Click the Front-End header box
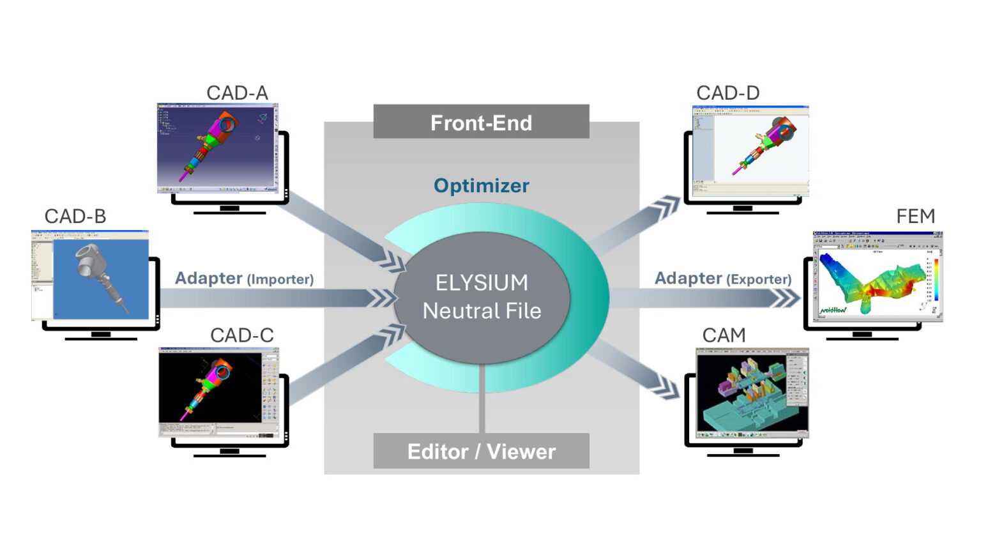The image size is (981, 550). [x=481, y=122]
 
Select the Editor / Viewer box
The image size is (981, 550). [x=481, y=451]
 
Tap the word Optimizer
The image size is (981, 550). [x=481, y=186]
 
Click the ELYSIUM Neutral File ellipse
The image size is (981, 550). [x=482, y=297]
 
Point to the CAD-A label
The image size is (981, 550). [x=237, y=93]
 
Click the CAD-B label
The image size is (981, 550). [x=75, y=217]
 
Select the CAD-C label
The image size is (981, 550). [x=241, y=335]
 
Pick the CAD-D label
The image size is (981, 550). [x=727, y=93]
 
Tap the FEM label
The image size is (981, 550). [x=915, y=217]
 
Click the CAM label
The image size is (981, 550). [x=724, y=335]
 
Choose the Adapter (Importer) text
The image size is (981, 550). [x=244, y=279]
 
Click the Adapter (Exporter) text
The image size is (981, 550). [x=722, y=279]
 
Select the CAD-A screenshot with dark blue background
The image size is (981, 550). [x=217, y=148]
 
